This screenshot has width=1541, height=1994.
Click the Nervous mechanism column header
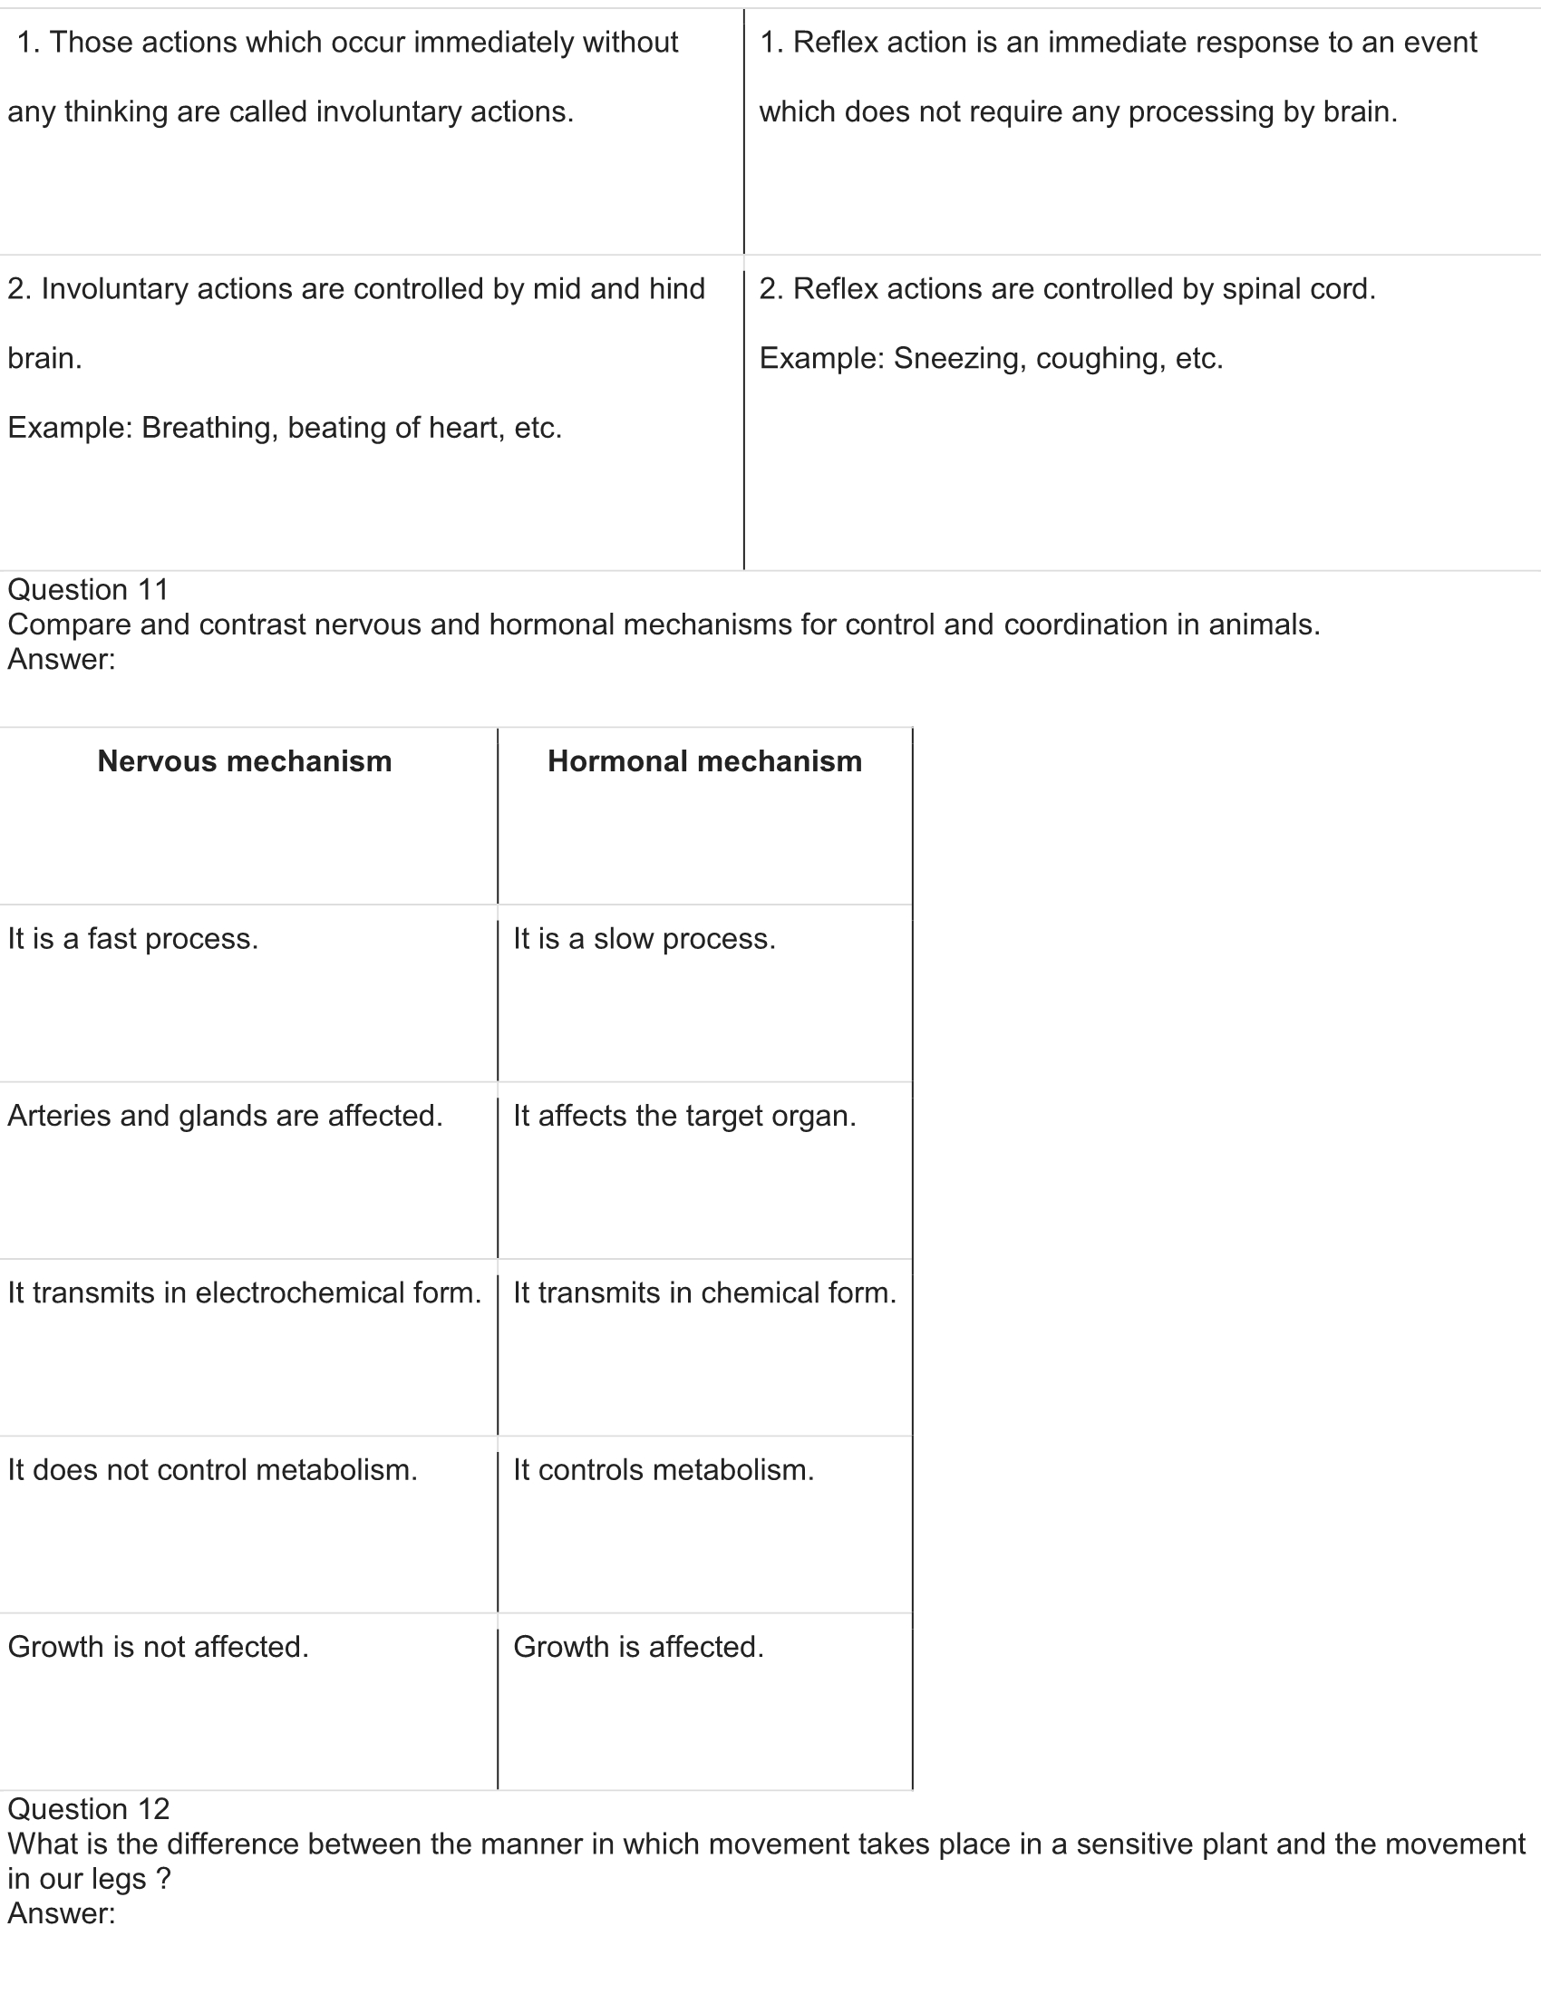click(245, 761)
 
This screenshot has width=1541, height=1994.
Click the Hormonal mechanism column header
click(704, 761)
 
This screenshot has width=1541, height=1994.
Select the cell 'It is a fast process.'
click(133, 939)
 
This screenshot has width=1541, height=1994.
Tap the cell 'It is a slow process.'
click(645, 939)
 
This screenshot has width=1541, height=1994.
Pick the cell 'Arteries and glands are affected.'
click(226, 1116)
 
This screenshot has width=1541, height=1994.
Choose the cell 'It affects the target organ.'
click(684, 1116)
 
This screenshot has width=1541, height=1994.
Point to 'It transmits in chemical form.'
click(704, 1292)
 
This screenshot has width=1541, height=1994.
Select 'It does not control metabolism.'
click(213, 1470)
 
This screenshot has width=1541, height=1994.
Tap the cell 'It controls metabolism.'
click(664, 1470)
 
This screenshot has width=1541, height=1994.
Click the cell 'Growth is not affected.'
click(159, 1647)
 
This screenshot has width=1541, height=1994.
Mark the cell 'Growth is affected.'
click(639, 1647)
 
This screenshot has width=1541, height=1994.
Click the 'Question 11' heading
click(89, 590)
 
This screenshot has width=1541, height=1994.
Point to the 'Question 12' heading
click(89, 1810)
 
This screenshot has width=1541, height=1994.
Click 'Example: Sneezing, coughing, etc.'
click(992, 359)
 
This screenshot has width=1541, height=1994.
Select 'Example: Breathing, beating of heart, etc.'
click(285, 428)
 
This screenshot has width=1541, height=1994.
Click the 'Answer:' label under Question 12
click(62, 1913)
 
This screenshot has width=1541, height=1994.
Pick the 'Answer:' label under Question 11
click(62, 659)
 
